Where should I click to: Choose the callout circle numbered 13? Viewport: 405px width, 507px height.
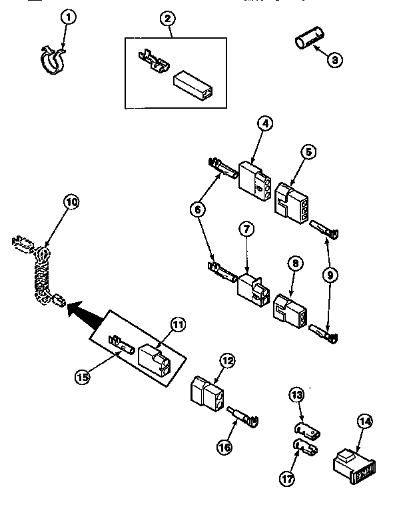296,396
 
